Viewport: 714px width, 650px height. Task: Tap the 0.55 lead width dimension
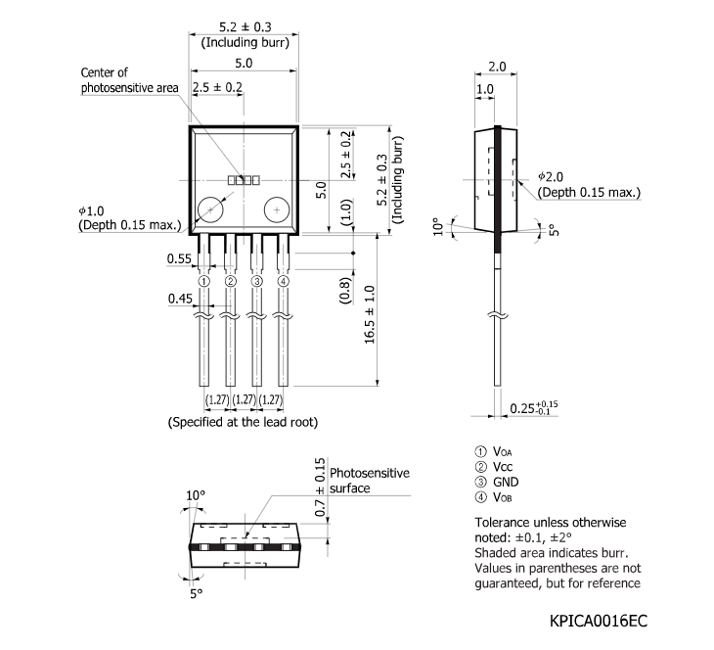tap(178, 258)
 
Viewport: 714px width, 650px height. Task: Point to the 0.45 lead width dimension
tap(178, 298)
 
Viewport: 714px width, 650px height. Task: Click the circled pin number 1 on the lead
tap(203, 282)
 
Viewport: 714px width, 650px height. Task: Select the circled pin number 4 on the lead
tap(284, 282)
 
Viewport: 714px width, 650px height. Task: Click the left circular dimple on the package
tap(210, 209)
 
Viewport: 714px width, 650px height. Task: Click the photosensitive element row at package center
tap(244, 180)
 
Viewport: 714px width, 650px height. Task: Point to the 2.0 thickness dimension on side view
tap(496, 67)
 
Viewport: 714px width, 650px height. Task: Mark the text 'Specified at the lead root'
tap(244, 422)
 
